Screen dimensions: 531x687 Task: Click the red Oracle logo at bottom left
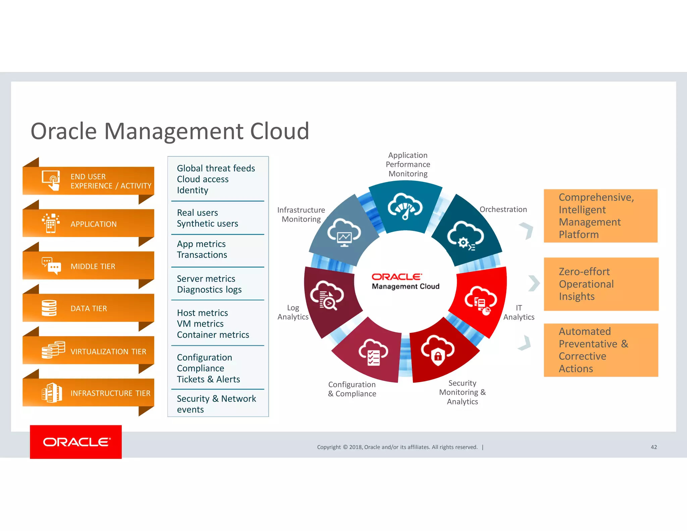76,442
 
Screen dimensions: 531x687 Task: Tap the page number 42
653,447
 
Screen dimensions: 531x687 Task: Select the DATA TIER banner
89,308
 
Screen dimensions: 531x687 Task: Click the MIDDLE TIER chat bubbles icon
51,265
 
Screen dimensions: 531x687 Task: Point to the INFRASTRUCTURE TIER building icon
52,393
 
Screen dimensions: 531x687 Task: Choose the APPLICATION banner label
94,224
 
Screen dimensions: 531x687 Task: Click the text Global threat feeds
216,168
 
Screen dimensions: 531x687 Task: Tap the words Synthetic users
207,224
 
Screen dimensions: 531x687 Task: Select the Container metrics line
213,335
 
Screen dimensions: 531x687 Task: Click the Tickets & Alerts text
208,379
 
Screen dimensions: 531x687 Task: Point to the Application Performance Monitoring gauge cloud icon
405,206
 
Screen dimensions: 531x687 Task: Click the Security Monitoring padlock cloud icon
438,350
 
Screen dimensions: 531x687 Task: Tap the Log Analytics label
293,312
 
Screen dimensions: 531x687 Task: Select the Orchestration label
503,209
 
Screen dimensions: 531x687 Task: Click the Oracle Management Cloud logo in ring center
405,281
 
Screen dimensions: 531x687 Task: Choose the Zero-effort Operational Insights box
601,284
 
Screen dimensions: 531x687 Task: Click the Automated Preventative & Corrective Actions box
601,350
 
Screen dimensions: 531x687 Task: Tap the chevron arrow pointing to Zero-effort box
534,283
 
